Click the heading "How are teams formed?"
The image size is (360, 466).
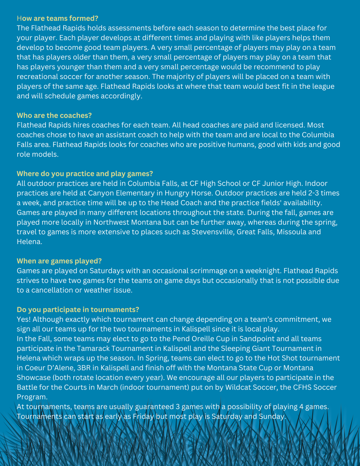tap(57, 18)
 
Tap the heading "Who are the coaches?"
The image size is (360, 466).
tap(54, 116)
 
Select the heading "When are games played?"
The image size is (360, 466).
tap(59, 261)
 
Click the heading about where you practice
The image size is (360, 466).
tap(85, 174)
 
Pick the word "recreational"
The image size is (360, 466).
tap(39, 76)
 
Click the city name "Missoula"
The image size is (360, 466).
tap(289, 232)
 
